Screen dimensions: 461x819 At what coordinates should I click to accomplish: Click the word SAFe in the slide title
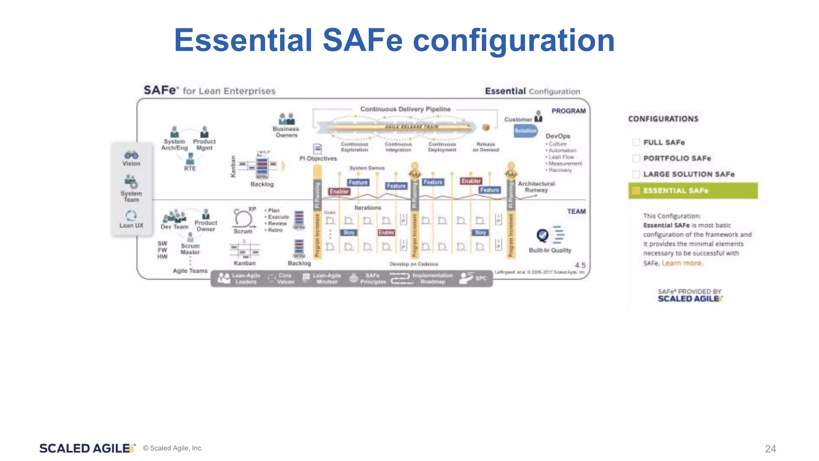[362, 40]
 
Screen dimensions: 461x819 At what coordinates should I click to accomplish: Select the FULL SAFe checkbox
[636, 142]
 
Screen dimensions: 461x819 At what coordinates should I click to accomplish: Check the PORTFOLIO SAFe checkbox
[636, 158]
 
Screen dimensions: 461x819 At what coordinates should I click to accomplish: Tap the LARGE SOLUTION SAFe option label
[689, 174]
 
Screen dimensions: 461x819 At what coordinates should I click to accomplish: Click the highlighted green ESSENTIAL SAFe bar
[693, 191]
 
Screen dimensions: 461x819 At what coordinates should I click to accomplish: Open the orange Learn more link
[682, 263]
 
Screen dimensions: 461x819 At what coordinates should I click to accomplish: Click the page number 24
[770, 449]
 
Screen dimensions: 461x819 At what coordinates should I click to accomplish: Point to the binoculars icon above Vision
[131, 155]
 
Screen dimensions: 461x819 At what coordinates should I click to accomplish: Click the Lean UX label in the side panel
[131, 226]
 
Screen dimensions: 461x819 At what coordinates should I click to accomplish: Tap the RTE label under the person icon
[190, 168]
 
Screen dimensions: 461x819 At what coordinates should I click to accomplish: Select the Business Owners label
[286, 132]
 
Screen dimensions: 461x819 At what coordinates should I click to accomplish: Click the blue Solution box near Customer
[525, 131]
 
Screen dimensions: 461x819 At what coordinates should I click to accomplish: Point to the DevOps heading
[558, 136]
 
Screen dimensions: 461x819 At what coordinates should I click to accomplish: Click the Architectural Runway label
[536, 187]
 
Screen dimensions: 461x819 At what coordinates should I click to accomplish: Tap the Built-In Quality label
[550, 251]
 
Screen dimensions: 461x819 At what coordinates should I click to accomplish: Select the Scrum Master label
[190, 249]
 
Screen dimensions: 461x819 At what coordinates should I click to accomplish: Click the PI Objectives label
[318, 158]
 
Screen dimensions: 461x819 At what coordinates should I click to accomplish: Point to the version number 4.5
[580, 265]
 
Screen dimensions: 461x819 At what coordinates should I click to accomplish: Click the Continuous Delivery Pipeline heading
[405, 109]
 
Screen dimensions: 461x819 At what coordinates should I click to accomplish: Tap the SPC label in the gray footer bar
[481, 279]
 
